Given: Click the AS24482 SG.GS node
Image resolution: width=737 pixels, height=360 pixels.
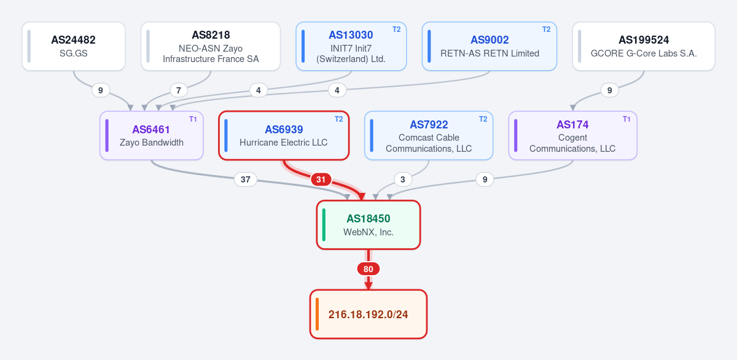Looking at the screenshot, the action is pyautogui.click(x=74, y=46).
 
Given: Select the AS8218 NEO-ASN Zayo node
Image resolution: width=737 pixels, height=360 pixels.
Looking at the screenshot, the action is pyautogui.click(x=211, y=46).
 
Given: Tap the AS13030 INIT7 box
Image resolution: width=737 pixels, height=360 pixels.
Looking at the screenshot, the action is pyautogui.click(x=351, y=46).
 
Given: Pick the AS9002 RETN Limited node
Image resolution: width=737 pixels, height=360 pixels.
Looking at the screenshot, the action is pyautogui.click(x=489, y=46).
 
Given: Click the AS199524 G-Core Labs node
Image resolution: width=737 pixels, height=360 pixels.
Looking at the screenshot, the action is pyautogui.click(x=644, y=46).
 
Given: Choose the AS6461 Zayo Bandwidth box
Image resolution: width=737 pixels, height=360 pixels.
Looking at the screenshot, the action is pyautogui.click(x=151, y=136).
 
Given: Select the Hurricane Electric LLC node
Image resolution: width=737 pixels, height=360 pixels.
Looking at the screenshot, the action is pyautogui.click(x=284, y=136).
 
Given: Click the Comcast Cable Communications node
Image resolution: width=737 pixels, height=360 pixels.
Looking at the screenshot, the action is pyautogui.click(x=429, y=136).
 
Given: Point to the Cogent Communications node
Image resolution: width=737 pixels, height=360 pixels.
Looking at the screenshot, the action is pyautogui.click(x=572, y=136).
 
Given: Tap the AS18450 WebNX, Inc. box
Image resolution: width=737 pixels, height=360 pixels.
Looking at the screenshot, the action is pyautogui.click(x=368, y=225).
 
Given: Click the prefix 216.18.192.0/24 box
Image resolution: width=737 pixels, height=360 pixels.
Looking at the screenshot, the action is pyautogui.click(x=368, y=315).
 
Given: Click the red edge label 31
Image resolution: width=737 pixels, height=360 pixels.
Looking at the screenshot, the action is pyautogui.click(x=321, y=179).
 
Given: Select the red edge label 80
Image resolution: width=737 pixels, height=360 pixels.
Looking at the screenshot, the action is pyautogui.click(x=368, y=269).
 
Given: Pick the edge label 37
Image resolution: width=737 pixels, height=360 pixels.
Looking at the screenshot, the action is pyautogui.click(x=246, y=179).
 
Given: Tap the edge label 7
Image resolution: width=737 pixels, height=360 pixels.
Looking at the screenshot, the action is pyautogui.click(x=178, y=90).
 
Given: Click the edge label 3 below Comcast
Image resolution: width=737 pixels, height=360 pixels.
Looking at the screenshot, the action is pyautogui.click(x=402, y=179).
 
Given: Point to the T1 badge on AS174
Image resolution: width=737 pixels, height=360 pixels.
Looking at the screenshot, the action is pyautogui.click(x=626, y=119).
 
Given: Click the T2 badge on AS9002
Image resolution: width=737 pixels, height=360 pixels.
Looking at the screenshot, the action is pyautogui.click(x=546, y=29).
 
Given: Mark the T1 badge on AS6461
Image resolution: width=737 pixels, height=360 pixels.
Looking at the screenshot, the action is pyautogui.click(x=193, y=119).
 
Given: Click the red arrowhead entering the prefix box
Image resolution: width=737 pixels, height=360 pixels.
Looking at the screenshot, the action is pyautogui.click(x=368, y=286).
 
